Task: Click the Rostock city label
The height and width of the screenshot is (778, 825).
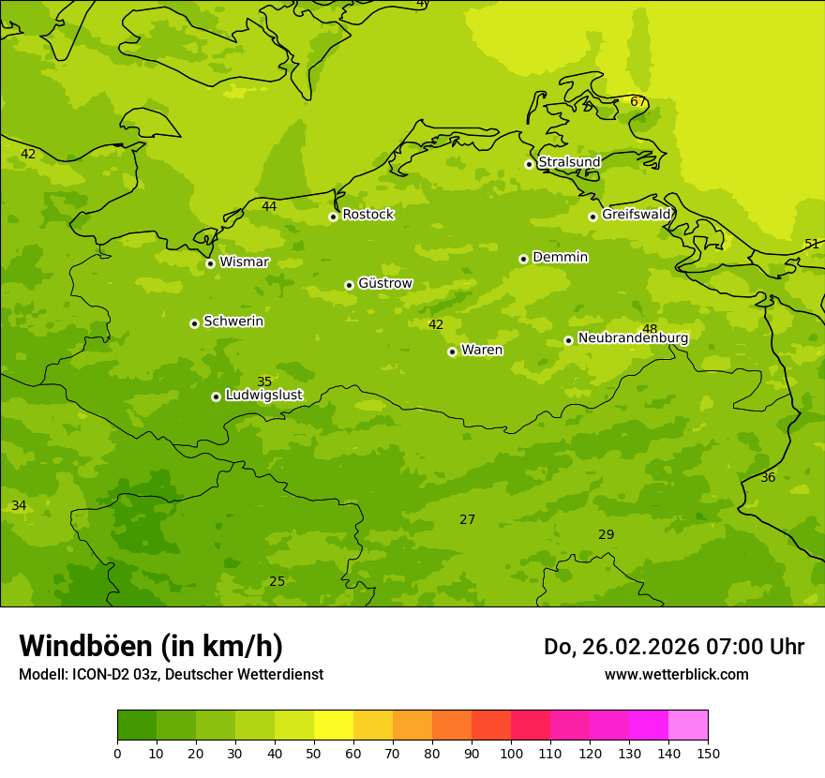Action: pyautogui.click(x=367, y=215)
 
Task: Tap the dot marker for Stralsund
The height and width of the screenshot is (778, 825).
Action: pyautogui.click(x=529, y=164)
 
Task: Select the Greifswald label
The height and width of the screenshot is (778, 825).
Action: pyautogui.click(x=636, y=215)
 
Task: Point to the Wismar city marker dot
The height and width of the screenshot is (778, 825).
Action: pyautogui.click(x=210, y=263)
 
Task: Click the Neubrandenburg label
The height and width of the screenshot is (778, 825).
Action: pyautogui.click(x=633, y=338)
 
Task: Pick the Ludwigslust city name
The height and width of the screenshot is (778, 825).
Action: pyautogui.click(x=263, y=396)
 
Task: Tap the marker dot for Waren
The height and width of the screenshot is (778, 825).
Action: pyautogui.click(x=452, y=352)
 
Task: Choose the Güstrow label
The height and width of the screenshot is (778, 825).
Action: pyautogui.click(x=384, y=283)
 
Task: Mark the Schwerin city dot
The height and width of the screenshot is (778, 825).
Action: pyautogui.click(x=194, y=323)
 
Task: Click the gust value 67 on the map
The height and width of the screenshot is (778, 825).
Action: pyautogui.click(x=637, y=102)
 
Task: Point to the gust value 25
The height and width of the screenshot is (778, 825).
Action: pyautogui.click(x=277, y=582)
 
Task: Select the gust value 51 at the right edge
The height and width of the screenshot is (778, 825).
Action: pyautogui.click(x=812, y=245)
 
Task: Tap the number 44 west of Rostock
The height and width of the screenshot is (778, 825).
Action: pyautogui.click(x=269, y=207)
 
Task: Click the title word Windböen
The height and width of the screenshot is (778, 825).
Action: pyautogui.click(x=85, y=646)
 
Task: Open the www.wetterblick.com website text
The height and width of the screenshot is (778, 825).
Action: pyautogui.click(x=676, y=675)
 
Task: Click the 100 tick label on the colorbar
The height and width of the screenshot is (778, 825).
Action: pyautogui.click(x=511, y=754)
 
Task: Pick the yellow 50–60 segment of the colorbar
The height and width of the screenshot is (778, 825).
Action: pyautogui.click(x=334, y=726)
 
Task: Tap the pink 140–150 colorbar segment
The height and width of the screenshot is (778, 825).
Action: pyautogui.click(x=688, y=726)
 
